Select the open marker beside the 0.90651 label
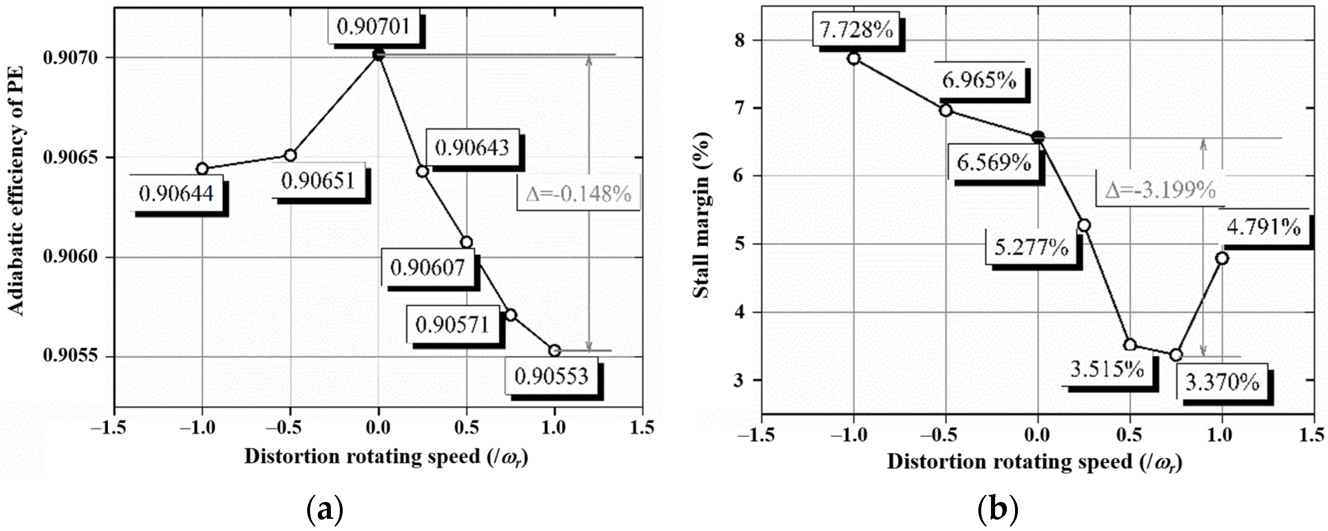coord(290,155)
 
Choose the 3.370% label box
coord(1222,383)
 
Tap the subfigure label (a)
coord(325,509)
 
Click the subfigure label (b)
coord(998,509)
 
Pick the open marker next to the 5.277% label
coord(1084,225)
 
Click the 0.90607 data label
coord(427,268)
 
